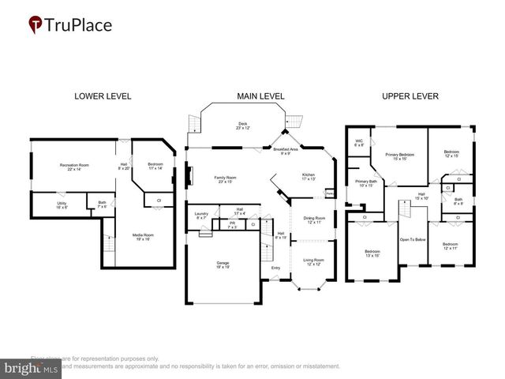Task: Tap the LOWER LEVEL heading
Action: [103, 96]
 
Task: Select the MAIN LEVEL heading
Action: [260, 96]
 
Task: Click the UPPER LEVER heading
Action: [410, 96]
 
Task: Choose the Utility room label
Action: [62, 205]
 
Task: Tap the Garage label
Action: [223, 265]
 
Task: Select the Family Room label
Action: [226, 179]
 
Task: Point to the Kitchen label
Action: [308, 176]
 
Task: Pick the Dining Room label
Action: [314, 220]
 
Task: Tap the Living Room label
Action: [314, 261]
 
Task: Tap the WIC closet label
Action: [359, 143]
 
